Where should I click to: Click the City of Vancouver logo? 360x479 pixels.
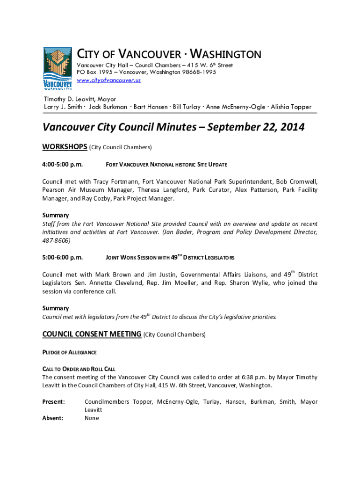pyautogui.click(x=58, y=68)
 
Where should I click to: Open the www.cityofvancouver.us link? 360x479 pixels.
pyautogui.click(x=108, y=80)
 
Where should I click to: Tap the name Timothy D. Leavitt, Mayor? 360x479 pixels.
pyautogui.click(x=79, y=99)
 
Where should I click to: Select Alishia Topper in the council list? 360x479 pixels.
pyautogui.click(x=291, y=107)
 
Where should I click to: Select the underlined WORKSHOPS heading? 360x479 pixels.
pyautogui.click(x=65, y=147)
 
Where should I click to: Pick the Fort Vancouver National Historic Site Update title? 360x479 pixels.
pyautogui.click(x=166, y=165)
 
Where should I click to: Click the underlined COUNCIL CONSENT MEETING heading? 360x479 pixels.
pyautogui.click(x=92, y=334)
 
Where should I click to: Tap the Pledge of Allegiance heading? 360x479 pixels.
pyautogui.click(x=70, y=352)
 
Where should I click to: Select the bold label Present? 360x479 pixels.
pyautogui.click(x=54, y=402)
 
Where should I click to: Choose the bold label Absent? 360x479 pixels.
pyautogui.click(x=53, y=418)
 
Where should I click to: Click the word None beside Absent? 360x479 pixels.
pyautogui.click(x=92, y=418)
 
